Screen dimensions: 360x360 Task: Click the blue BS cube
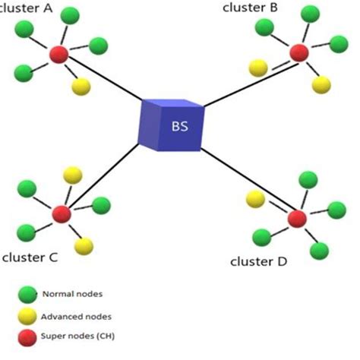click(173, 124)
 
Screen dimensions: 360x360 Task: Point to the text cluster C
click(30, 257)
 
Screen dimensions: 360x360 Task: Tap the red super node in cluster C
click(61, 213)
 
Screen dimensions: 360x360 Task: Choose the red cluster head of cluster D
click(296, 219)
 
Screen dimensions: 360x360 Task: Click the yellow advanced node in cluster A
click(81, 87)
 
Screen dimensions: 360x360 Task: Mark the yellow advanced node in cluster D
click(256, 199)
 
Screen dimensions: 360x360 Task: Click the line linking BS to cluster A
click(106, 81)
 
